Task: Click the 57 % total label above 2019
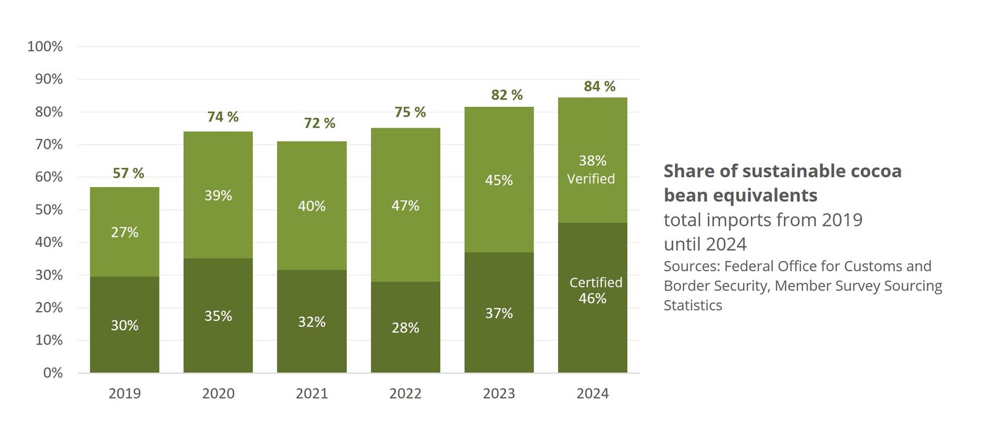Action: [x=128, y=173]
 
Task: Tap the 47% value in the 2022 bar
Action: [x=405, y=206]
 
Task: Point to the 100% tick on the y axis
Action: [x=45, y=46]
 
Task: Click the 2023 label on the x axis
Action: [x=499, y=393]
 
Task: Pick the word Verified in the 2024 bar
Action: [x=591, y=179]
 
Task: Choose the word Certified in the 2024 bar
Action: [x=596, y=283]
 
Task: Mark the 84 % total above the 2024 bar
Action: [x=600, y=86]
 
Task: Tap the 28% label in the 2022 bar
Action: [x=405, y=328]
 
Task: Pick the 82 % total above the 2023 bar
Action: [x=507, y=95]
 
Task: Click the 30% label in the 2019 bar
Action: [x=124, y=325]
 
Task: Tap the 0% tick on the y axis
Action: [x=53, y=372]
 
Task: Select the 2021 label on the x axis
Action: [x=312, y=393]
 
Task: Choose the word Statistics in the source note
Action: [x=692, y=305]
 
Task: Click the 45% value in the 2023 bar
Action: [x=499, y=180]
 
